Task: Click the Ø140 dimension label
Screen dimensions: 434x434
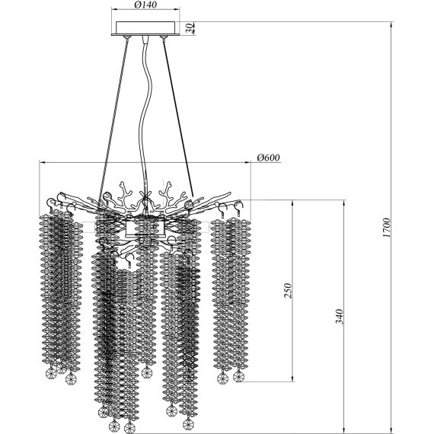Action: [145, 5]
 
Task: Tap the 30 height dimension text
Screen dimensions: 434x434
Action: [190, 28]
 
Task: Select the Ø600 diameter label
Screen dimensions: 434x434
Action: [268, 158]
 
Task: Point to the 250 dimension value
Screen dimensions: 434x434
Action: [288, 290]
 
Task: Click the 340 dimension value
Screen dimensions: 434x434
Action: [340, 317]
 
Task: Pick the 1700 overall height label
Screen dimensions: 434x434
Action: [386, 228]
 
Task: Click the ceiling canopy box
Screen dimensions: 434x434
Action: [145, 28]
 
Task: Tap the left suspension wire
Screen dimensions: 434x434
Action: [113, 123]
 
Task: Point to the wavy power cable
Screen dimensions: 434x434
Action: [146, 116]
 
